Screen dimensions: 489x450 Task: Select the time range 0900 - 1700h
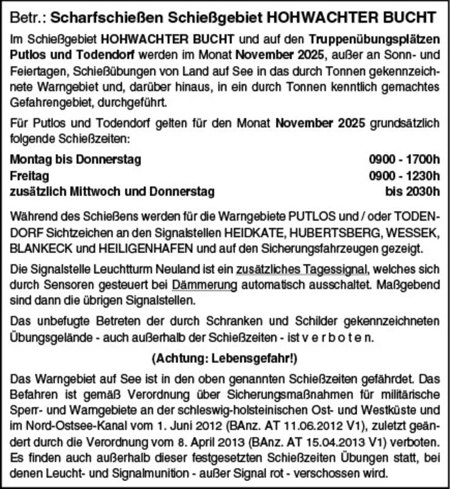[404, 161]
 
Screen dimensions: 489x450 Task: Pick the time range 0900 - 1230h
[404, 176]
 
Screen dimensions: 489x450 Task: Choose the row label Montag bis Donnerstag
[76, 161]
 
